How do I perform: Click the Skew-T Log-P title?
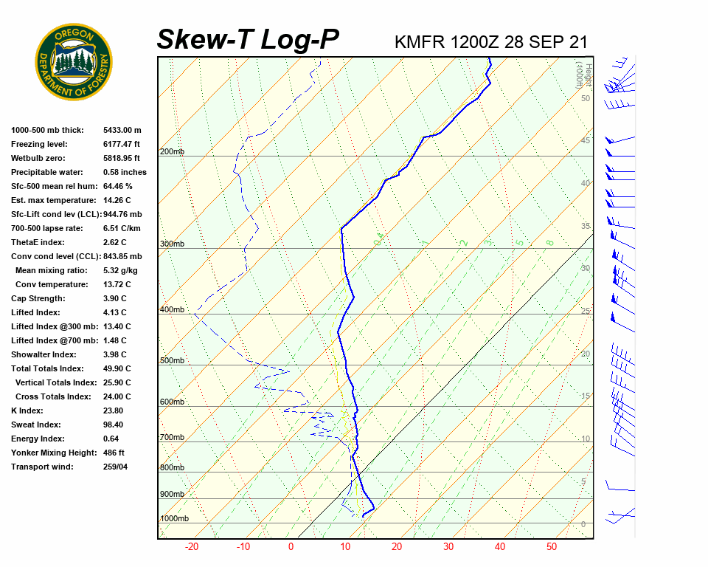[x=248, y=39]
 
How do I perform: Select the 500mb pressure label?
[x=172, y=361]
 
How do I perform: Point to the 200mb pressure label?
[x=172, y=152]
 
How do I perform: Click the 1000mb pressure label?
[x=174, y=519]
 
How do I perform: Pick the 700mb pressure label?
[x=172, y=438]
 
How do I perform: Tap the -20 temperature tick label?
[x=192, y=547]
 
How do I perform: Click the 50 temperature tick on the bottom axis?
[x=551, y=547]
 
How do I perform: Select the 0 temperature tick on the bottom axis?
[x=291, y=547]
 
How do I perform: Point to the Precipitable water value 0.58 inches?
[x=125, y=173]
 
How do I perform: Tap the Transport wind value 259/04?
[x=116, y=467]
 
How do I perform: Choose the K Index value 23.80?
[x=113, y=411]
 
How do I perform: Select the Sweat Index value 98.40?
[x=114, y=425]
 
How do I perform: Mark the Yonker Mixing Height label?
[x=51, y=453]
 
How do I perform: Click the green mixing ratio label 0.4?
[x=378, y=240]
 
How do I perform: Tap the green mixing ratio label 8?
[x=549, y=242]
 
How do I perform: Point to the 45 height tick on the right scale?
[x=586, y=140]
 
